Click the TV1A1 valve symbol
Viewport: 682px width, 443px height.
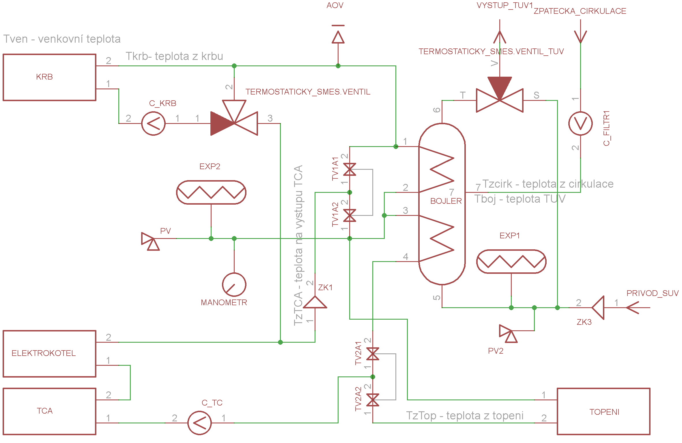coord(350,169)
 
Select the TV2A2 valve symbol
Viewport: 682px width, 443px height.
coord(373,400)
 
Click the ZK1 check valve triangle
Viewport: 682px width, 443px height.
coord(315,302)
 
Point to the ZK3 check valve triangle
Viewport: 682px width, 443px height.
coord(598,308)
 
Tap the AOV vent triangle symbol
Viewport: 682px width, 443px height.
coord(338,37)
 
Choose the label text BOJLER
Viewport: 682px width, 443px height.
coord(446,201)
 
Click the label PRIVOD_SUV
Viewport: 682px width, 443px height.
coord(652,293)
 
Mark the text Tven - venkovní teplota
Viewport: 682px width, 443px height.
coord(62,39)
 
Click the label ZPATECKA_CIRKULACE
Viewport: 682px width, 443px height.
coord(580,11)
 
